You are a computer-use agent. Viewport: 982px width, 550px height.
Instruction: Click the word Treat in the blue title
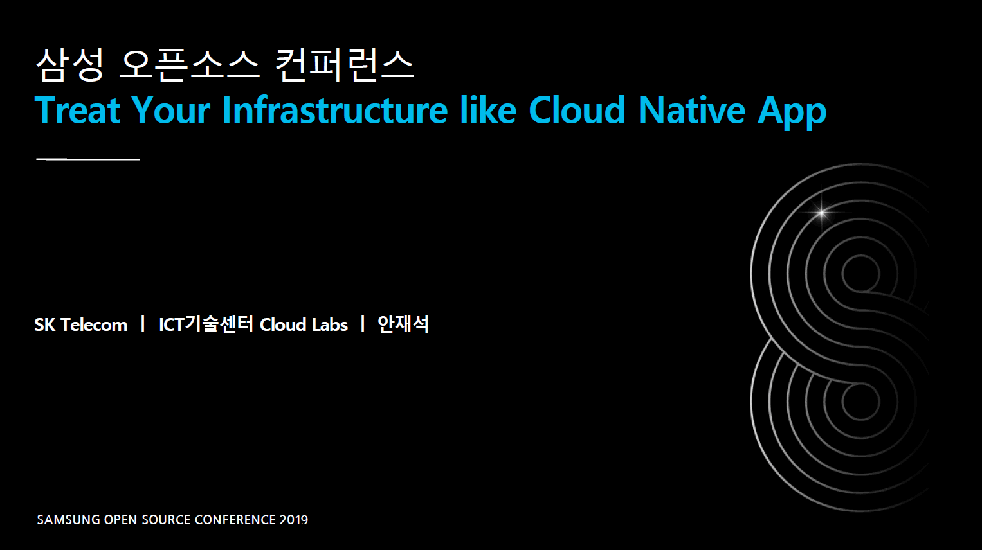[77, 110]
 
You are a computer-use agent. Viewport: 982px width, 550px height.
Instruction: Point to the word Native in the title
[692, 110]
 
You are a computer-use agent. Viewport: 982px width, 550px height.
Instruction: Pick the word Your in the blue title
[171, 110]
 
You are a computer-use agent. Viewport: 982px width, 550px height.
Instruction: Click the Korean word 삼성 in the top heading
[70, 65]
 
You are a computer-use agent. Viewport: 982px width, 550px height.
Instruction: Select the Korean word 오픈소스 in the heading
[189, 65]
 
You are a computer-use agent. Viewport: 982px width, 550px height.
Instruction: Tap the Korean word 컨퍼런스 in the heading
[345, 65]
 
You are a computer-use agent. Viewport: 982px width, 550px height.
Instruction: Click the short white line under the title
[87, 159]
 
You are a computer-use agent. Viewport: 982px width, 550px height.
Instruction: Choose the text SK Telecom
[80, 325]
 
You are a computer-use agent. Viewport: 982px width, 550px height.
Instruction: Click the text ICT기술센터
[206, 324]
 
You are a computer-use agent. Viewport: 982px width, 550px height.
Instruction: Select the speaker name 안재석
[403, 324]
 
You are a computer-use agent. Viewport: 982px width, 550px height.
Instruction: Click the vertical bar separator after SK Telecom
[143, 324]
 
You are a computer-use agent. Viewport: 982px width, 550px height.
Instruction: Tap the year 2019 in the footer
[294, 520]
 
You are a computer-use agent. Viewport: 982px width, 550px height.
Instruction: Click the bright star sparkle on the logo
[821, 213]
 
